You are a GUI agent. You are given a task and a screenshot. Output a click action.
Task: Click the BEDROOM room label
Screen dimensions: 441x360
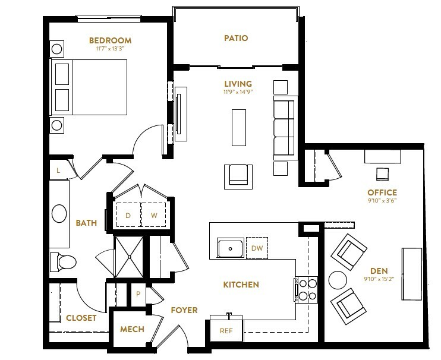click(x=111, y=40)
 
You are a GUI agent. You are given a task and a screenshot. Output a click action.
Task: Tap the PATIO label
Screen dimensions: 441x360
click(x=236, y=38)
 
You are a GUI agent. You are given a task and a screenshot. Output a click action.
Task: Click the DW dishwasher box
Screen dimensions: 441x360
click(x=257, y=248)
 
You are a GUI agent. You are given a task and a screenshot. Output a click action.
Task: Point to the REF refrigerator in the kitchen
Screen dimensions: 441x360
click(x=226, y=331)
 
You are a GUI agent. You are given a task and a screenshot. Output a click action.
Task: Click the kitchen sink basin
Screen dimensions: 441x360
click(x=231, y=248)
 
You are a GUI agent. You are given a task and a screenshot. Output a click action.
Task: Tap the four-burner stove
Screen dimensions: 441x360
click(x=307, y=290)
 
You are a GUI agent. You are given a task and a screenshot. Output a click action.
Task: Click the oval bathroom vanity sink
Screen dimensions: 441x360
click(x=59, y=214)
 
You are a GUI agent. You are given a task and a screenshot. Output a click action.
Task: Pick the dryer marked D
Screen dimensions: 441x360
click(x=128, y=215)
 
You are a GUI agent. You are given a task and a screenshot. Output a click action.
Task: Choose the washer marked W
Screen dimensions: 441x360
click(x=153, y=215)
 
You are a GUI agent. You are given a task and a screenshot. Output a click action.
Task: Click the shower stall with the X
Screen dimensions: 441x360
click(x=129, y=257)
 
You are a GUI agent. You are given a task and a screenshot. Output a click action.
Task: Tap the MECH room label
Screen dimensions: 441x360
click(x=132, y=329)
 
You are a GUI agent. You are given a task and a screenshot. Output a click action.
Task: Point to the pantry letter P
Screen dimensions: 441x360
click(x=138, y=294)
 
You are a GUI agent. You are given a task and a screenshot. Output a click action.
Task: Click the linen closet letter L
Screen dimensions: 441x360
click(x=58, y=170)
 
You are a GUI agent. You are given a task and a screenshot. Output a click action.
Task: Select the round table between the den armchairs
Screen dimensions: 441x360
click(x=338, y=280)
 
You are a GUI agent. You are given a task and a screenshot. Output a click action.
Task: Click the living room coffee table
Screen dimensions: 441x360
click(x=239, y=128)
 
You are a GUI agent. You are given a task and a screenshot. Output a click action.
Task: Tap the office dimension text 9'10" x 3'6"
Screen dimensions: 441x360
click(x=382, y=201)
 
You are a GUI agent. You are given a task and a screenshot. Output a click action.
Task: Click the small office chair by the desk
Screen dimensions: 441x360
click(x=383, y=174)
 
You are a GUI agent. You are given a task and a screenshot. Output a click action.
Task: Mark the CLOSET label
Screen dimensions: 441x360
click(x=81, y=318)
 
